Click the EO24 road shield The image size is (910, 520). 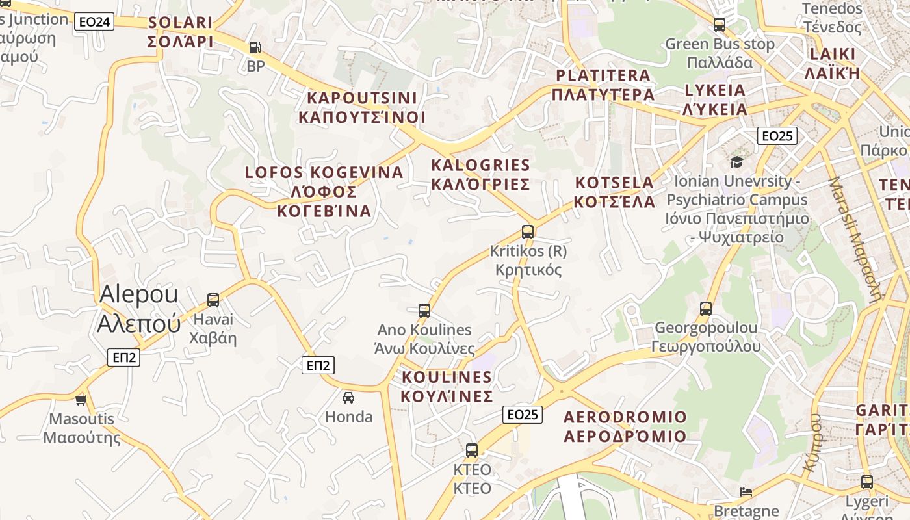click(94, 22)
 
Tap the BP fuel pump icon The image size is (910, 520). click(255, 47)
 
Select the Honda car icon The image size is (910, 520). click(348, 397)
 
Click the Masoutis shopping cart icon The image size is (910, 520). click(81, 399)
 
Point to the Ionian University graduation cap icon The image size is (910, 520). click(736, 161)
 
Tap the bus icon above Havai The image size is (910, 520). click(213, 300)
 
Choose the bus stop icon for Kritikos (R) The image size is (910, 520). click(528, 231)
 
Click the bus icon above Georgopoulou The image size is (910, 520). click(706, 308)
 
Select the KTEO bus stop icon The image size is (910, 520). click(472, 450)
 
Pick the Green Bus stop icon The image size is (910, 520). click(720, 25)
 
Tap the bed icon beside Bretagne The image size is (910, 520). click(746, 491)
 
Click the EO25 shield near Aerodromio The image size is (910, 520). click(523, 414)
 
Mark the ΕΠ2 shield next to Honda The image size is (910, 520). click(318, 366)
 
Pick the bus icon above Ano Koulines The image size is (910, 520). click(424, 310)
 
